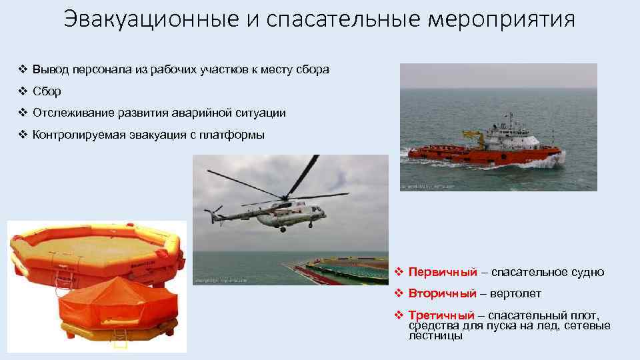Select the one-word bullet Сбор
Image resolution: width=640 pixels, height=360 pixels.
click(x=47, y=91)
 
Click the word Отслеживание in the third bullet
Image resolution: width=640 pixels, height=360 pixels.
click(x=69, y=113)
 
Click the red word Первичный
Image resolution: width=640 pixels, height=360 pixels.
click(x=443, y=272)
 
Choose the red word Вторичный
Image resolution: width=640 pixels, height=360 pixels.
click(x=443, y=293)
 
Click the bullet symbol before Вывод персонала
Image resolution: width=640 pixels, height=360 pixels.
click(x=22, y=70)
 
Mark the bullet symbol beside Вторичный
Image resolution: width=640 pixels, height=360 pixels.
click(x=398, y=293)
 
